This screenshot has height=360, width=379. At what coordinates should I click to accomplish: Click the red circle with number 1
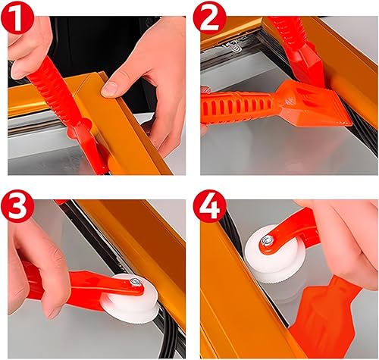(x=17, y=17)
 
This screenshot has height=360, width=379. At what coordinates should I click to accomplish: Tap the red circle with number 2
(x=210, y=17)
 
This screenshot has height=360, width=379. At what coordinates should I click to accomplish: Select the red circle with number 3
(x=17, y=206)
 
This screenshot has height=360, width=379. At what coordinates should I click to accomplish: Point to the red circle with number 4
(x=210, y=206)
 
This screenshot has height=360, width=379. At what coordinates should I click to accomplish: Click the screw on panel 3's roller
(x=134, y=282)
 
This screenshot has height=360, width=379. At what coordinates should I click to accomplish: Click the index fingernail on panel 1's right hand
(x=109, y=89)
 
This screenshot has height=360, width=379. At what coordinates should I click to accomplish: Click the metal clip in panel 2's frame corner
(x=233, y=46)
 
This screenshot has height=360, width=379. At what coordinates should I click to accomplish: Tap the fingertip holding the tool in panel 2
(x=205, y=92)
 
